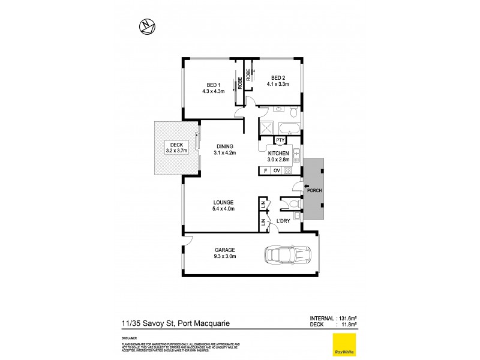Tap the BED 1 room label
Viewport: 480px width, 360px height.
[214, 88]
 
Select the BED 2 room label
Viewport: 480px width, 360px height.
[277, 81]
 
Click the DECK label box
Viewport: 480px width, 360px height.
[176, 148]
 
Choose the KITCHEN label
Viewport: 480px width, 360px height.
[279, 157]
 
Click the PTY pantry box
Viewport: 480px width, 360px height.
[280, 140]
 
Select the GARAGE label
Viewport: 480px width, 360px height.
[225, 253]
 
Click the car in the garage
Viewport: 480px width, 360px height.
[287, 256]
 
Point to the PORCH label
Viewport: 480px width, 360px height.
[314, 191]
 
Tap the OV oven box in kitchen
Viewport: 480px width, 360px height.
[277, 171]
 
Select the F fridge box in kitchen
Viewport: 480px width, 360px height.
[265, 171]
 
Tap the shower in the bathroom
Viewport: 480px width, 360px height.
[266, 127]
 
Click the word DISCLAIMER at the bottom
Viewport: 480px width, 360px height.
[129, 337]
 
